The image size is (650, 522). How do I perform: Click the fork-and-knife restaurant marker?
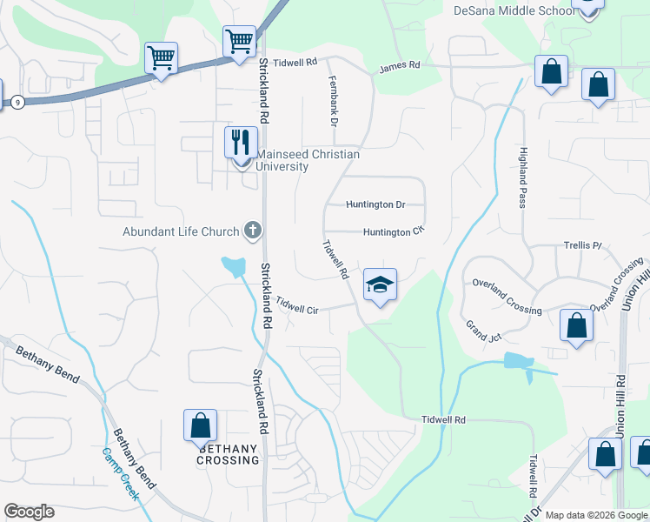[240, 141]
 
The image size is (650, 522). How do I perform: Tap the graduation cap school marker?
[380, 284]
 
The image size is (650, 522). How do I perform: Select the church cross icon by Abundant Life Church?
[252, 231]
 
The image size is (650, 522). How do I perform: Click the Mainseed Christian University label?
[307, 160]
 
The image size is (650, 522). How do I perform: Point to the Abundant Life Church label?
[180, 231]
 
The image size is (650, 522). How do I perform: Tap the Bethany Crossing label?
[229, 454]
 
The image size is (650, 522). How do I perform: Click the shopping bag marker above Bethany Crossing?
[200, 425]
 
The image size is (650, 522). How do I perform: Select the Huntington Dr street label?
[375, 205]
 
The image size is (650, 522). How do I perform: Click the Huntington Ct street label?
[393, 232]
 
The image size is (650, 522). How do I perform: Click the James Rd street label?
[400, 66]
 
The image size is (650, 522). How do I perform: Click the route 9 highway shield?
[17, 103]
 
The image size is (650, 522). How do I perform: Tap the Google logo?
[29, 512]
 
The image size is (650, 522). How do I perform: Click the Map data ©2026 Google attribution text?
[596, 515]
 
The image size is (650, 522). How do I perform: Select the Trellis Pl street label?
[582, 246]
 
